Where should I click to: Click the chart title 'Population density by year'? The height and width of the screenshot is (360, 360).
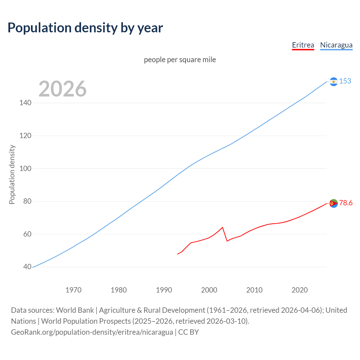tap(85, 28)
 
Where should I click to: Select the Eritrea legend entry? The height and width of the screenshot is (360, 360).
tap(303, 45)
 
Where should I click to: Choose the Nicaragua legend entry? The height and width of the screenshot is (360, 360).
tap(336, 45)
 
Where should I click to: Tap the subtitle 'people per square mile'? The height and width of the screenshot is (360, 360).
tap(180, 60)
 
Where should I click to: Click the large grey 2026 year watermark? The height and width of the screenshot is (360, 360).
tap(62, 89)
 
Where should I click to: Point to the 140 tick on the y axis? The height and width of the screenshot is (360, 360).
tap(25, 103)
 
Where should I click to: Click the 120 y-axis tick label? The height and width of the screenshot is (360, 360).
tap(25, 136)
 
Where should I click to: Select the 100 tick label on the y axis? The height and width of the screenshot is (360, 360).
tap(25, 168)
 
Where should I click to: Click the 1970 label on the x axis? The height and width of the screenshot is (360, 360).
tap(73, 290)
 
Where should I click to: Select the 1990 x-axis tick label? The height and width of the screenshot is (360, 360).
tap(164, 290)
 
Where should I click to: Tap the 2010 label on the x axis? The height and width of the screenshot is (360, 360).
tap(254, 290)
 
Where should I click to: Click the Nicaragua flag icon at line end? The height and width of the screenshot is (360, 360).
tap(334, 82)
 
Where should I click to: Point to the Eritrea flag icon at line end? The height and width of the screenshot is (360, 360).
tap(334, 203)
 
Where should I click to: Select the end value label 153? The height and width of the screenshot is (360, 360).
tap(345, 81)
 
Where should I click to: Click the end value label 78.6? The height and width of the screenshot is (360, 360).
tap(346, 203)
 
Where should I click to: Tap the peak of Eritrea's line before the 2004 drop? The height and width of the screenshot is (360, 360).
tap(222, 227)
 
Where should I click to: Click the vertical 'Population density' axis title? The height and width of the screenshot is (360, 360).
tap(12, 174)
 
